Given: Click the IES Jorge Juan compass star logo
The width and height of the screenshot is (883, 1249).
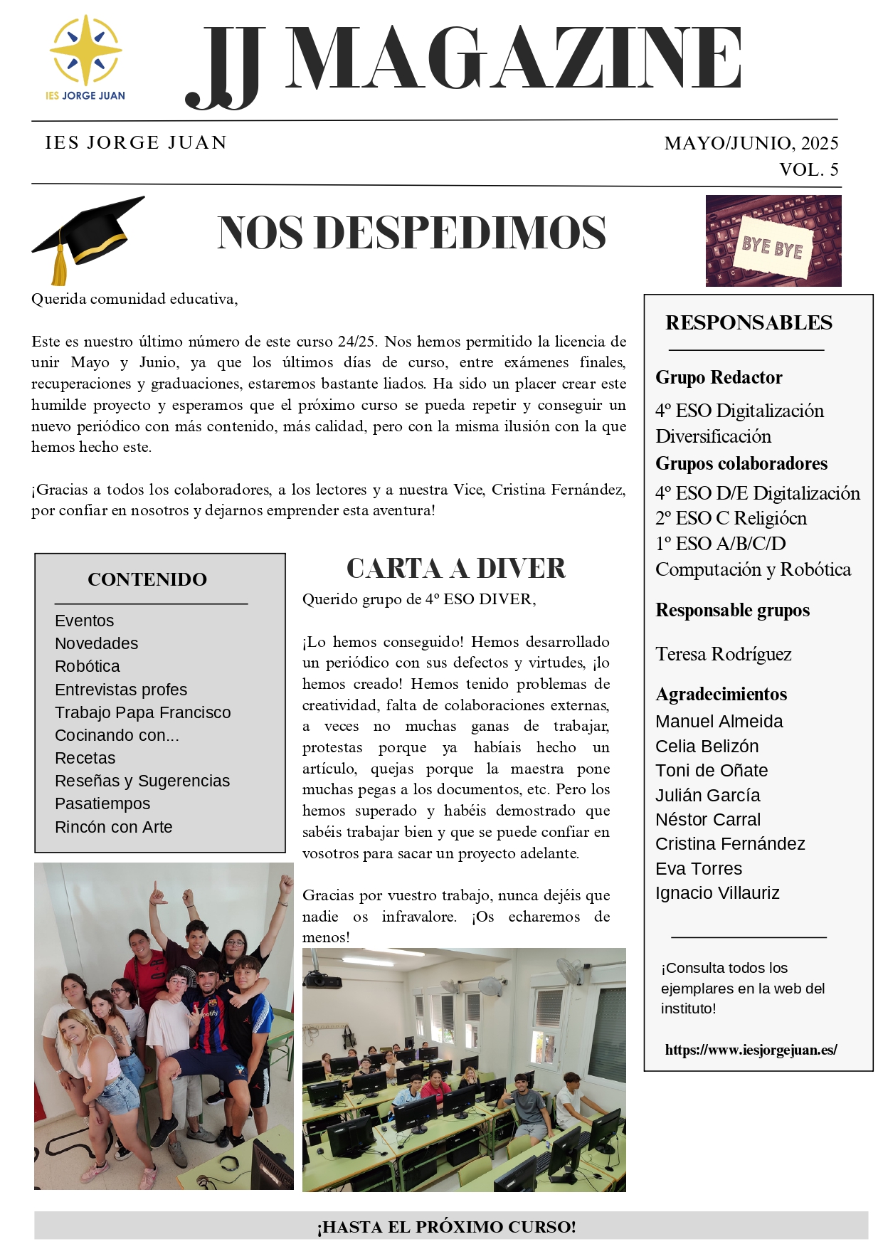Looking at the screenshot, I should [x=85, y=51].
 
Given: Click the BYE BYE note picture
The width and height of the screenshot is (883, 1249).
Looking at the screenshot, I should [x=773, y=241].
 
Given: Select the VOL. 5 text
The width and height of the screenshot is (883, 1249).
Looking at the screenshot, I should [x=808, y=169].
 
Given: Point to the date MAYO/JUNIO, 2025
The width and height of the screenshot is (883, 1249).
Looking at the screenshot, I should [x=751, y=143].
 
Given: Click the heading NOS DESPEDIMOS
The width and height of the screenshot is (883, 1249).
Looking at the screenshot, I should [x=411, y=233].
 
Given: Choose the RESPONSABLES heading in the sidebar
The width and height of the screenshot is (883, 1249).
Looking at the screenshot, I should [x=749, y=322].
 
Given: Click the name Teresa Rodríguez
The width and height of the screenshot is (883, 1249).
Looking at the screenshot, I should [x=723, y=654].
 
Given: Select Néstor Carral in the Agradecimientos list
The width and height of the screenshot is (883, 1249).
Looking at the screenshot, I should [x=707, y=819].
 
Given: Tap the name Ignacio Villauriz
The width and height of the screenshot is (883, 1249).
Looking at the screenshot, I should [x=717, y=892].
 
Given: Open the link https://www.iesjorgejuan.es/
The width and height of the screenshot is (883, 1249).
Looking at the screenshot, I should [x=751, y=1050].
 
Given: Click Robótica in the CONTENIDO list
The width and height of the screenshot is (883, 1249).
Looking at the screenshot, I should [x=88, y=666].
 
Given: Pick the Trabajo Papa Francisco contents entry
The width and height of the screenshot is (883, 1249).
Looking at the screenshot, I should [x=142, y=712].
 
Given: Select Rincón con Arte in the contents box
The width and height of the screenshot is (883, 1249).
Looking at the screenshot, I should [x=113, y=827].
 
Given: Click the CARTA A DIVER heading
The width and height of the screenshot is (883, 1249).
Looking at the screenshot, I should [x=455, y=569].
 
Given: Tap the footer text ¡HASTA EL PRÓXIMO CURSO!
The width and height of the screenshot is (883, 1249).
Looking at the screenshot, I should [x=446, y=1227].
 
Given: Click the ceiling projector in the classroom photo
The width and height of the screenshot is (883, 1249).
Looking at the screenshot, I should [x=322, y=981].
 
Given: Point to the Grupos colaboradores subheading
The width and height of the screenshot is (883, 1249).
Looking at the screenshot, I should [x=741, y=463].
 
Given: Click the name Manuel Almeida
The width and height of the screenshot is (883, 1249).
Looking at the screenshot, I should [x=719, y=721].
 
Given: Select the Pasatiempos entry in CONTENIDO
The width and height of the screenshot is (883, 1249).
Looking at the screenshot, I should [x=102, y=803].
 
